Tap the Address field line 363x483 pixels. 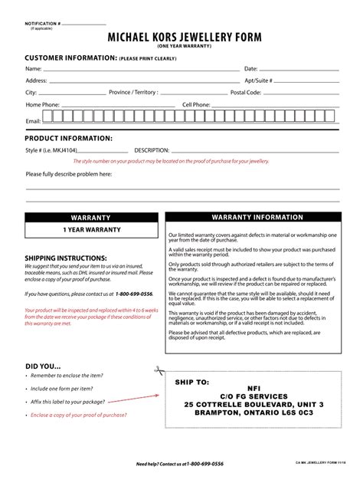146,81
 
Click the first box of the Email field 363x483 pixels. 47,117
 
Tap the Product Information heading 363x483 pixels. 69,138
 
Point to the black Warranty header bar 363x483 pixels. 91,218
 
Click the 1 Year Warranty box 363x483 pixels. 91,230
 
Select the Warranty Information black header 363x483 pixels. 252,218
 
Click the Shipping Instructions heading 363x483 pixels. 66,258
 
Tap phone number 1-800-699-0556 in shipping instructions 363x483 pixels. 134,294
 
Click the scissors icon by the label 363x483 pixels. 159,370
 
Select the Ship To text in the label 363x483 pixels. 192,381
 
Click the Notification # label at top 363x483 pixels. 43,24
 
